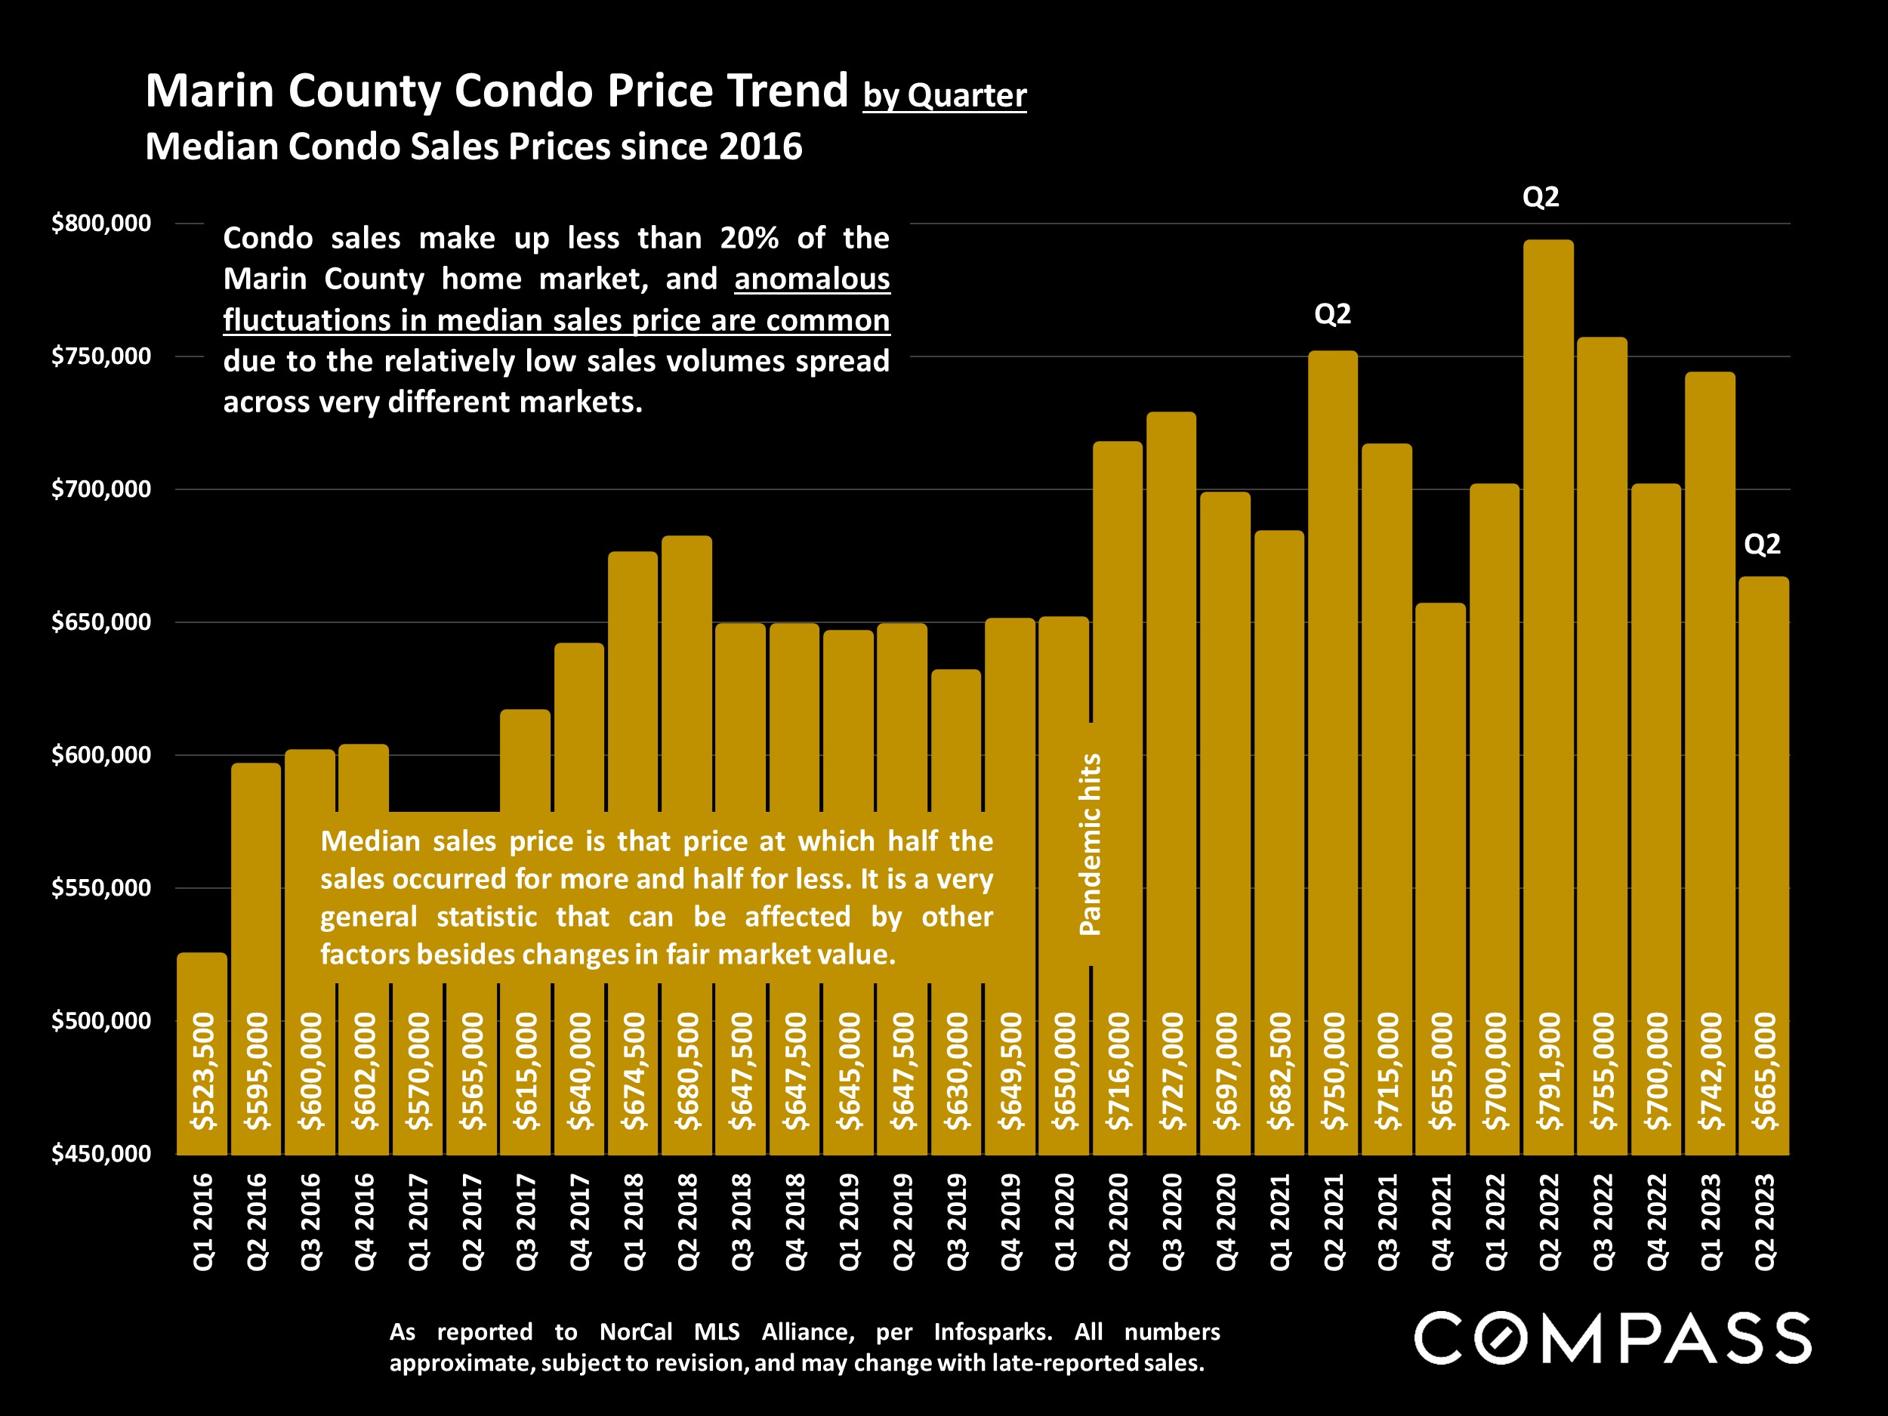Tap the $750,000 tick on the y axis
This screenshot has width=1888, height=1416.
point(100,356)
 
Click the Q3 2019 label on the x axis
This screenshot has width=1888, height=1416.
point(957,1221)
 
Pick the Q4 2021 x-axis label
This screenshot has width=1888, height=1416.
point(1441,1221)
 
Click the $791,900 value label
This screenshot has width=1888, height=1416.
point(1549,1071)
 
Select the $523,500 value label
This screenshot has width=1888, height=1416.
point(203,1071)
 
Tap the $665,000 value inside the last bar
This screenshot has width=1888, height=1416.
point(1764,1071)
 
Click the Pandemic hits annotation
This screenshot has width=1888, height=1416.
point(1091,844)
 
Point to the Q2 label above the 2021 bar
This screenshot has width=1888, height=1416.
point(1332,315)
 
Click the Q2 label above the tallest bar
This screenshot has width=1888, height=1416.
point(1541,197)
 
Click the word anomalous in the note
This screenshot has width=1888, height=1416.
point(812,279)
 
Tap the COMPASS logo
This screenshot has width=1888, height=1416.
point(1612,1338)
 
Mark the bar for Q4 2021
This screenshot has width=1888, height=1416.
point(1441,811)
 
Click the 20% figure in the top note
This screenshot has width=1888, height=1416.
point(748,238)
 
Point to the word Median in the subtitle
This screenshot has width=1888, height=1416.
point(211,147)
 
